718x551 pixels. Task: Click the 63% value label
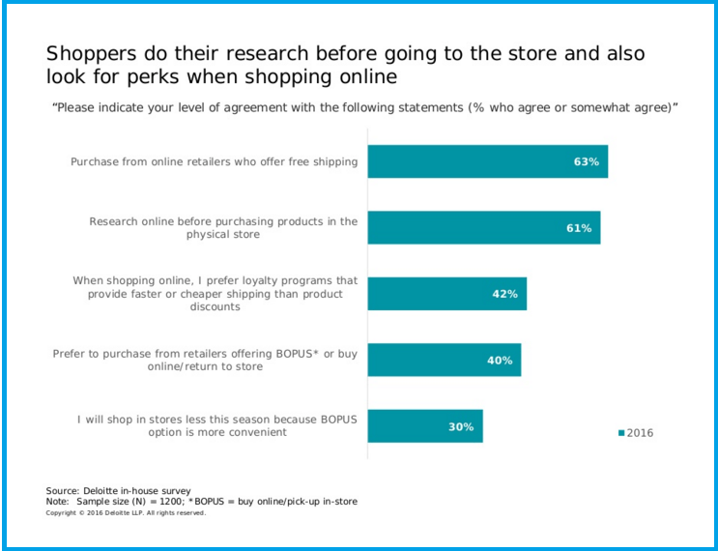point(587,161)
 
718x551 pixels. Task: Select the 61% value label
point(579,228)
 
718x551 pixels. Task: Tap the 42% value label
point(505,294)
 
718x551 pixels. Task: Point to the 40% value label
point(500,361)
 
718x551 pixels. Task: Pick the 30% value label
point(460,426)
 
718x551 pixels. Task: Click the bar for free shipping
point(464,161)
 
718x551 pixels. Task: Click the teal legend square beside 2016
point(621,433)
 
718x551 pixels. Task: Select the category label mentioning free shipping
point(214,161)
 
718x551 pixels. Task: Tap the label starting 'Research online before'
point(223,227)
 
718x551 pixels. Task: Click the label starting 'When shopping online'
point(215,294)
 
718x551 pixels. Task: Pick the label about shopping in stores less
point(217,426)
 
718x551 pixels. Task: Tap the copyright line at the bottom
point(126,512)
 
